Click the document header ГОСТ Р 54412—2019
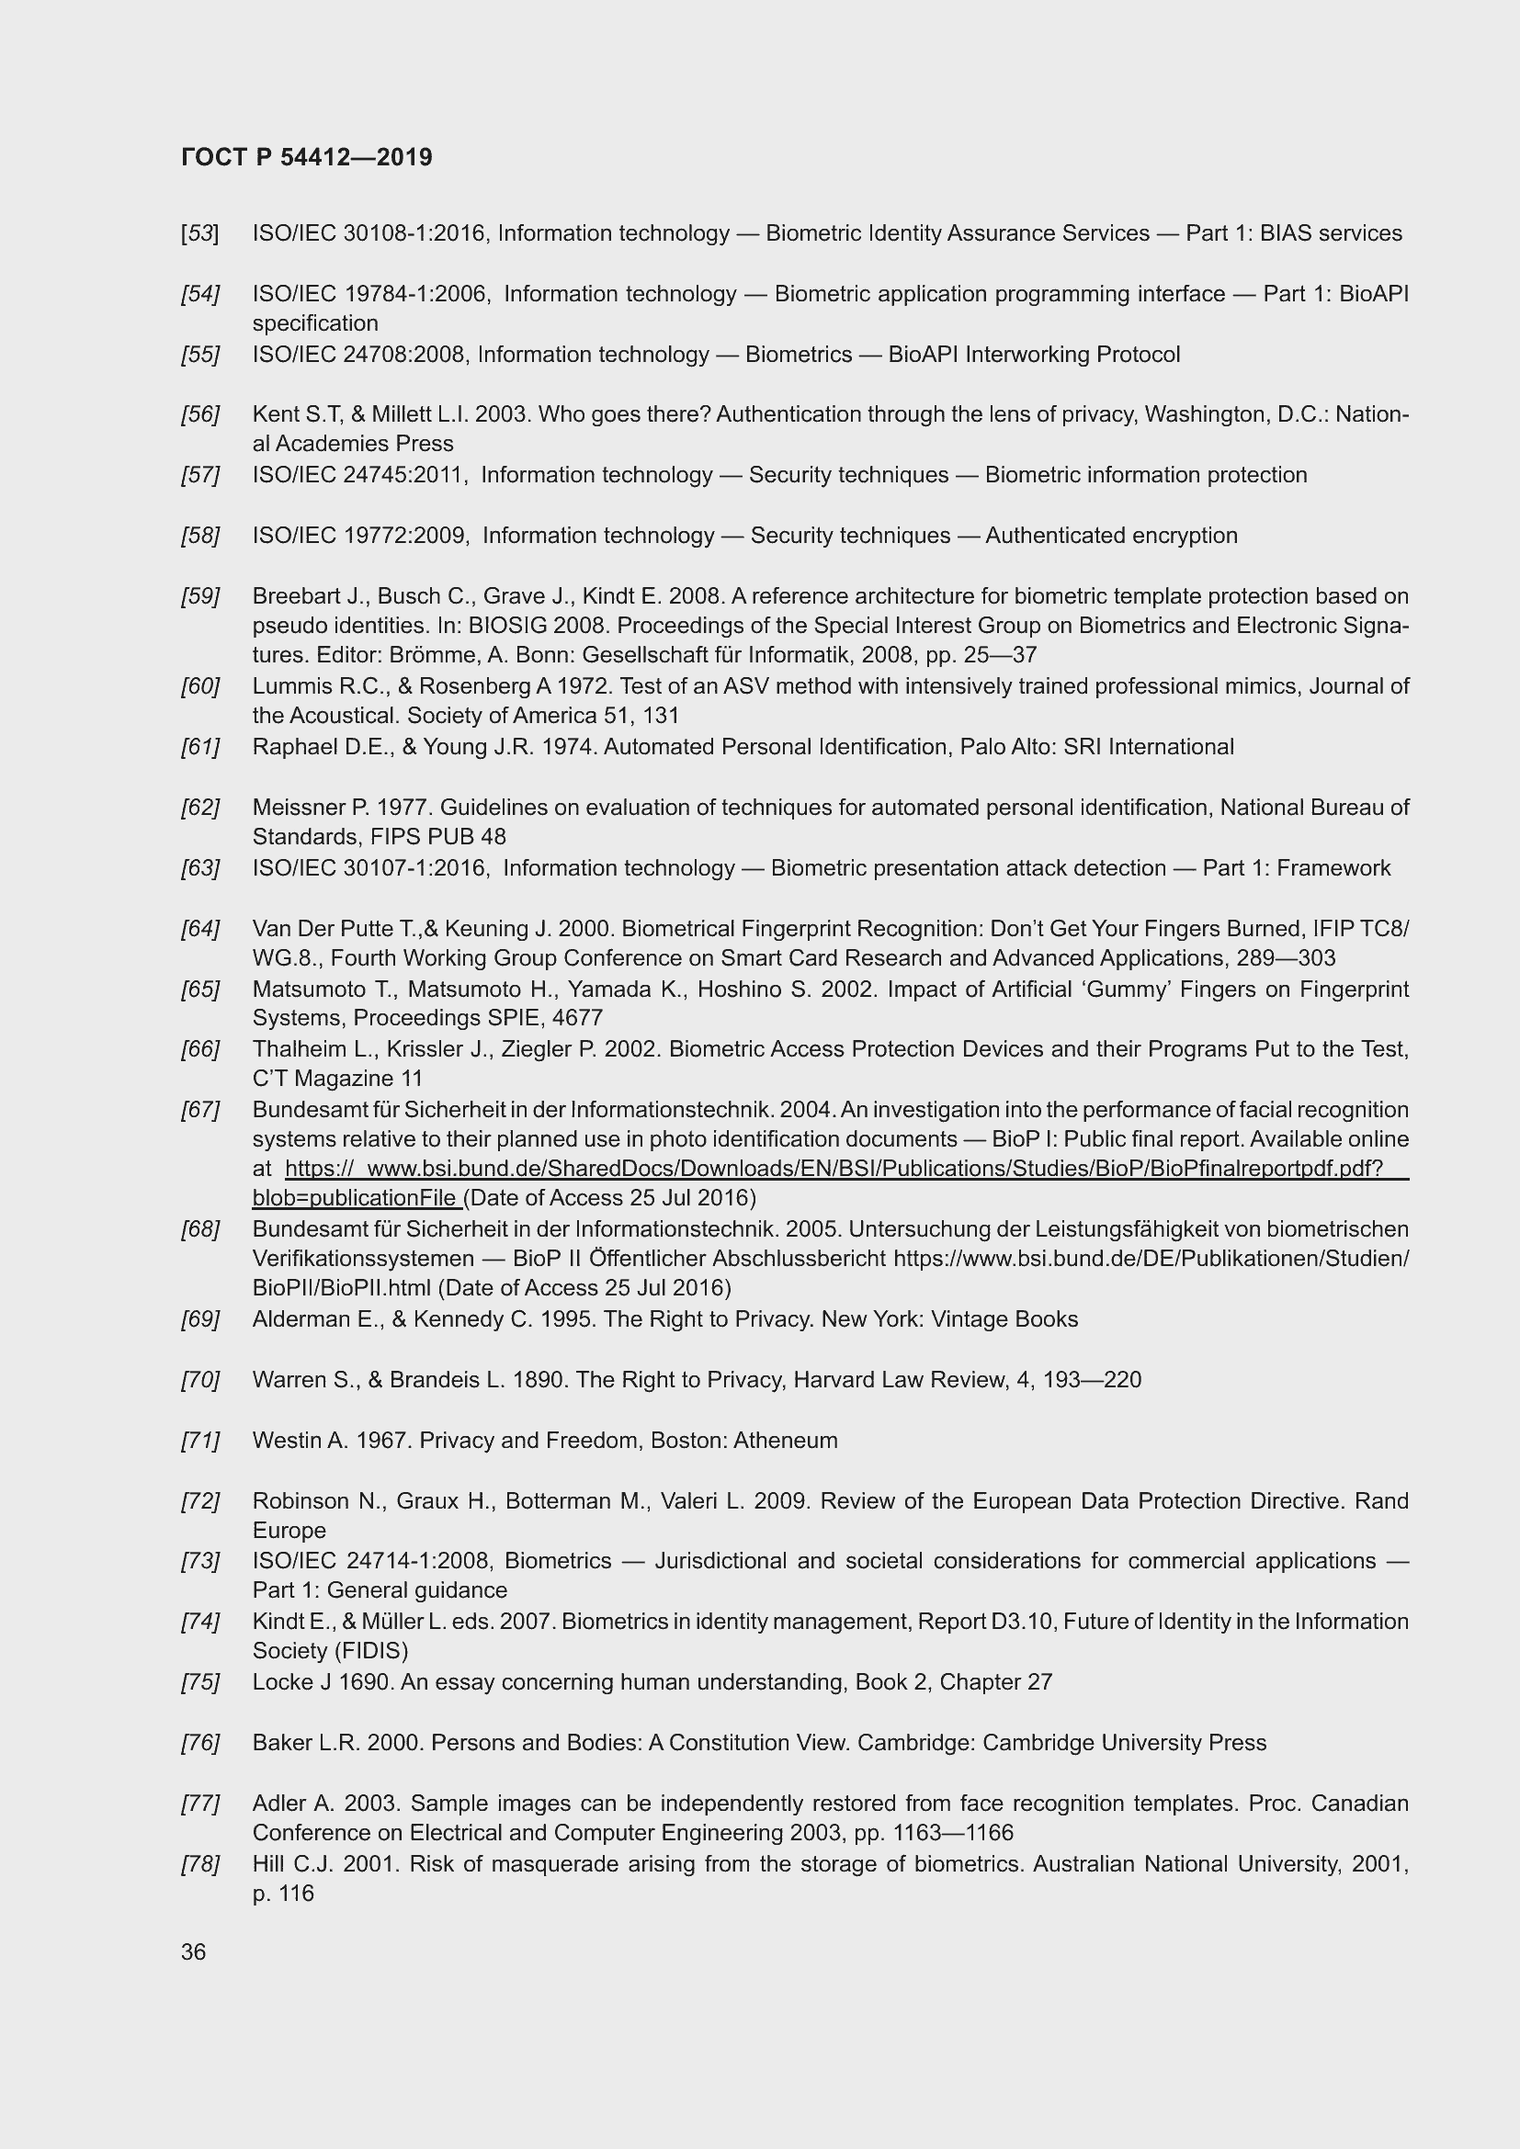[307, 157]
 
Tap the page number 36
[194, 1951]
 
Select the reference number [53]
[200, 233]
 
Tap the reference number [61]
[200, 747]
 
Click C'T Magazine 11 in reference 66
[337, 1079]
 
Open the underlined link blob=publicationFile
[356, 1197]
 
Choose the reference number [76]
[200, 1743]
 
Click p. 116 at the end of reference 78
[283, 1893]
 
